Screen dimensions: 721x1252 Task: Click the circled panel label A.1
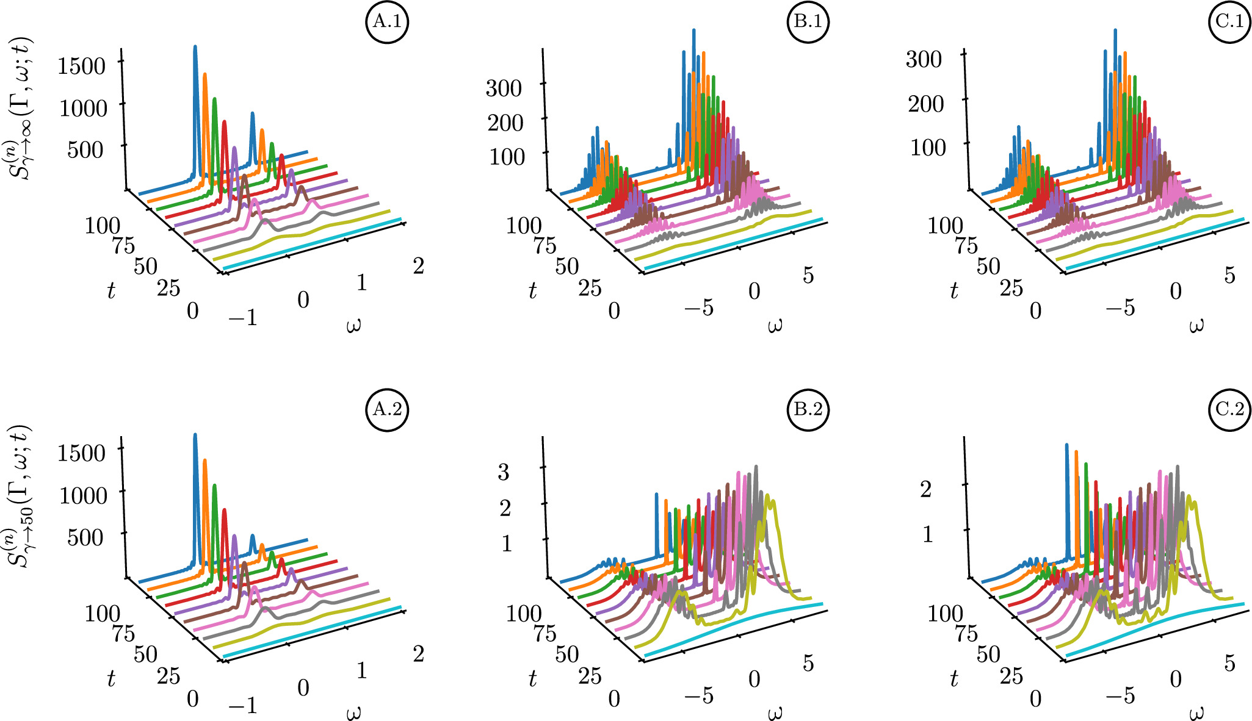click(x=387, y=22)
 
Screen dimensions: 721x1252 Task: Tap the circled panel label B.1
click(x=808, y=22)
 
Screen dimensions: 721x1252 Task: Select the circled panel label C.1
click(x=1229, y=22)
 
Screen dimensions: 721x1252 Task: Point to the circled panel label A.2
click(x=387, y=409)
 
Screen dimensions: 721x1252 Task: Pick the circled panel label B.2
click(x=808, y=409)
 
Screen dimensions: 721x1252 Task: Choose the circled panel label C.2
click(x=1229, y=409)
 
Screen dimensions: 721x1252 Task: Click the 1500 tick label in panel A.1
click(x=81, y=66)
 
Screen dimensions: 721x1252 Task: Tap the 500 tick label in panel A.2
click(x=85, y=537)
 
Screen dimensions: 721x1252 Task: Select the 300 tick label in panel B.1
click(x=504, y=88)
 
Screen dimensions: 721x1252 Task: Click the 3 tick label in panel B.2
click(x=504, y=472)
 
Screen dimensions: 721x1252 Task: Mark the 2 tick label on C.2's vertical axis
click(x=926, y=489)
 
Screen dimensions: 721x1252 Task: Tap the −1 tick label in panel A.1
click(x=242, y=317)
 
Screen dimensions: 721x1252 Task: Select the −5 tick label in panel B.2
click(x=698, y=695)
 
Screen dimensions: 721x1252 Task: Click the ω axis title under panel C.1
click(x=1196, y=325)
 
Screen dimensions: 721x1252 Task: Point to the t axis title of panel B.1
click(x=532, y=291)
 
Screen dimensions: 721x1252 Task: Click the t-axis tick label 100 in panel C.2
click(x=945, y=612)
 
